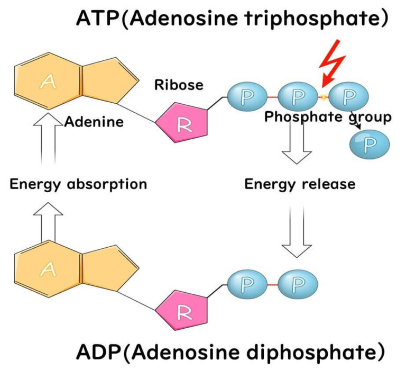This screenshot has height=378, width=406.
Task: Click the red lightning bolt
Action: (x=333, y=65)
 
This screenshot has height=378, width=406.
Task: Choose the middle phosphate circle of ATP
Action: (x=298, y=96)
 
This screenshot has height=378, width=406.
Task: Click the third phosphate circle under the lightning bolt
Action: (x=348, y=96)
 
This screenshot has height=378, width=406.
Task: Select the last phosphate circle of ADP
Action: (x=298, y=284)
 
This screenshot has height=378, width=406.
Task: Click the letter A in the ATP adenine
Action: (x=49, y=82)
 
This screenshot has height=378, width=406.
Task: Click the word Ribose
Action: (x=179, y=85)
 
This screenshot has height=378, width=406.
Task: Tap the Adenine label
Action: (x=94, y=122)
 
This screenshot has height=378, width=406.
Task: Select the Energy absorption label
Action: (x=78, y=184)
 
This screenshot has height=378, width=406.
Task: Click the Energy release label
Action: (x=300, y=184)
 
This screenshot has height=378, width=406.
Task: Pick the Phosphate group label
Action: (x=328, y=117)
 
